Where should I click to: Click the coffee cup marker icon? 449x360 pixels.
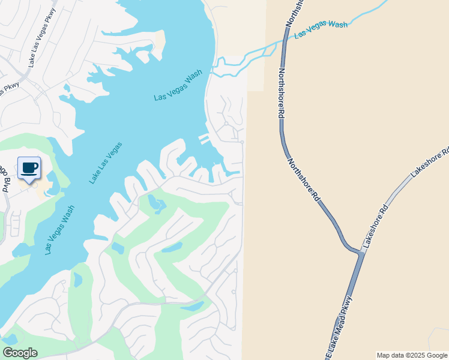pyautogui.click(x=29, y=169)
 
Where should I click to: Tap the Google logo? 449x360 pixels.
pyautogui.click(x=20, y=353)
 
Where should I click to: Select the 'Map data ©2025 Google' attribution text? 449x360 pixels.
pyautogui.click(x=412, y=355)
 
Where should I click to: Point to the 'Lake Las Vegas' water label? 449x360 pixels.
pyautogui.click(x=106, y=163)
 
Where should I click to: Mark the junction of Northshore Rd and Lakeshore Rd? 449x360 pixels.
pyautogui.click(x=360, y=252)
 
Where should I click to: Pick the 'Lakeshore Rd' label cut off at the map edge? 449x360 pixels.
pyautogui.click(x=429, y=163)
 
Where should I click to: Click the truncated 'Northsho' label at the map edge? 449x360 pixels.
pyautogui.click(x=295, y=12)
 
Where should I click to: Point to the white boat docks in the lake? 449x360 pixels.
pyautogui.click(x=205, y=139)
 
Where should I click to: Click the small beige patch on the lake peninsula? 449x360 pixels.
pyautogui.click(x=160, y=40)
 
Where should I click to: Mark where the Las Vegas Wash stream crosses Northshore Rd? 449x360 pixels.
pyautogui.click(x=283, y=41)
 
